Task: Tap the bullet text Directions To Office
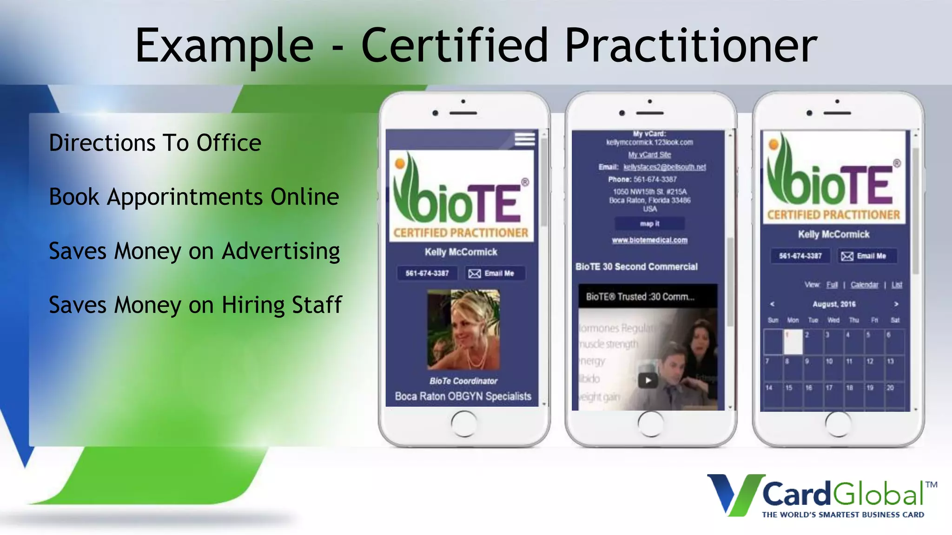[155, 143]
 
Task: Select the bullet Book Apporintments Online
[194, 197]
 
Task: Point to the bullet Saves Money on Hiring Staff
[195, 305]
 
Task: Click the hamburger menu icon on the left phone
[525, 139]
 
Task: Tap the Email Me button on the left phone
[496, 274]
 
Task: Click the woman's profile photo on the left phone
[463, 330]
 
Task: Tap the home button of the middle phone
[650, 424]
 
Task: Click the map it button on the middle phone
[649, 224]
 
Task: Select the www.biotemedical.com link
[649, 240]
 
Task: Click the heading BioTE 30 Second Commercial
[636, 267]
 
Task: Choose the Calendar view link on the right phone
[864, 285]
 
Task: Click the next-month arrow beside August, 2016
[896, 304]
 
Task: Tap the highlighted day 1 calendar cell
[793, 341]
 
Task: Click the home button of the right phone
[838, 424]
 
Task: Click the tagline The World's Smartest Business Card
[843, 515]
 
